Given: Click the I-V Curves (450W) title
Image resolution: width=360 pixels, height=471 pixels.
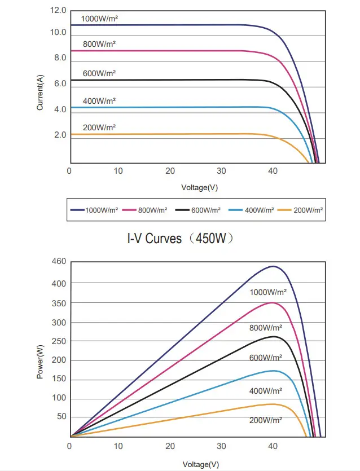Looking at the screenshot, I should [179, 239].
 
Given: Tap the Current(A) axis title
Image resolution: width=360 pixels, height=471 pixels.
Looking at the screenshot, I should [41, 93].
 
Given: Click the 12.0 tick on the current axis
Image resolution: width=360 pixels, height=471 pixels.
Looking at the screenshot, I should [58, 11].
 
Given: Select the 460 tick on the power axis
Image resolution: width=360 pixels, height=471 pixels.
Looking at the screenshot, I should [59, 262].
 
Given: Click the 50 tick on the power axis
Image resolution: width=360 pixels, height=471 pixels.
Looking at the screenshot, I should [61, 417].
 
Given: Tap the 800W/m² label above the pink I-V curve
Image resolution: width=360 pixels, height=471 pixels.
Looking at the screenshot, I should [99, 44].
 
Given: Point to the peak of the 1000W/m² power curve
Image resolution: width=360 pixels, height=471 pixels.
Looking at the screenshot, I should [273, 266].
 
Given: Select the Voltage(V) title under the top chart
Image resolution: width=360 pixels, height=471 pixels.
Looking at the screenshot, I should [200, 187].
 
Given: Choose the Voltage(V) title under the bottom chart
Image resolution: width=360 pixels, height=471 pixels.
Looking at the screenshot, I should [200, 464].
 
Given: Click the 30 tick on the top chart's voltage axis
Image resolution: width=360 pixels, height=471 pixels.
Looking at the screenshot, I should [222, 170].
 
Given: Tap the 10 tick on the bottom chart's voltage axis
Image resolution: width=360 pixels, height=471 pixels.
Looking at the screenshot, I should [118, 446].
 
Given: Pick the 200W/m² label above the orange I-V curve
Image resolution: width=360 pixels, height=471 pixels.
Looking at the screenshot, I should [99, 128].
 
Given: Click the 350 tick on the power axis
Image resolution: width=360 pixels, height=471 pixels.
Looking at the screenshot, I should [59, 303].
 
